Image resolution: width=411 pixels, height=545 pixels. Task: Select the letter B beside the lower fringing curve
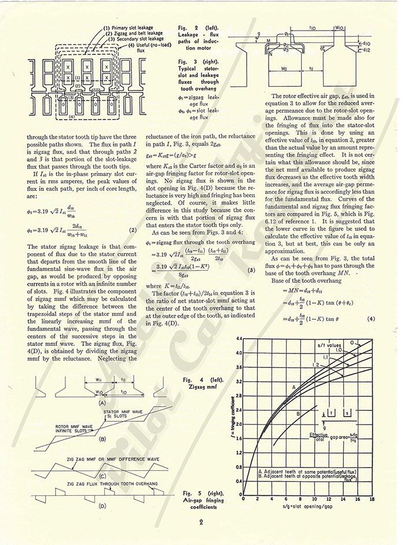tap(298, 413)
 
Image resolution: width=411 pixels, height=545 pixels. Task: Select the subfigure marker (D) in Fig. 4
tap(102, 506)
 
